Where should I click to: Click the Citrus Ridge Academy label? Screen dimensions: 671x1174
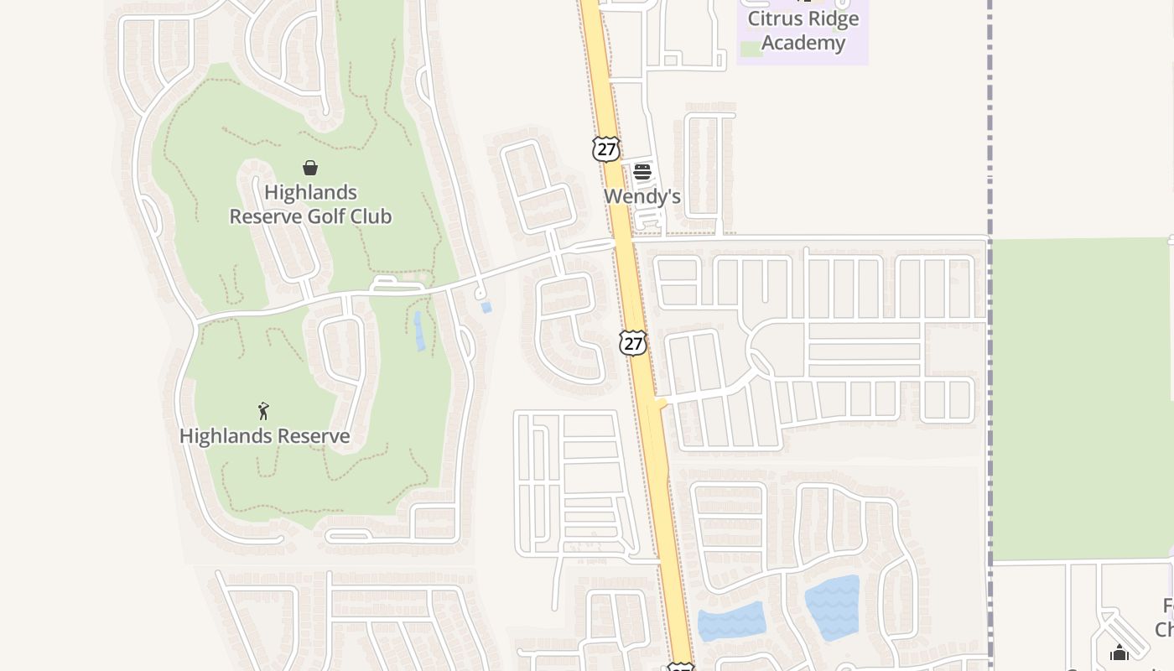pyautogui.click(x=803, y=31)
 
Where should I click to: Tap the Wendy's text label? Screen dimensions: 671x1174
pyautogui.click(x=642, y=196)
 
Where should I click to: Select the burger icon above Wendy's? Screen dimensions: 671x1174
pyautogui.click(x=642, y=172)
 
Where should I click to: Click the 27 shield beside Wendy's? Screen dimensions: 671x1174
pyautogui.click(x=605, y=149)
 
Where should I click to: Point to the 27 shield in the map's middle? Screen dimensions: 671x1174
pyautogui.click(x=633, y=342)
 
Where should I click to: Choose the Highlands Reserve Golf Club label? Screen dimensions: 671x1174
pyautogui.click(x=310, y=205)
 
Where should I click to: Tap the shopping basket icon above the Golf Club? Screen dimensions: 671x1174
pyautogui.click(x=310, y=168)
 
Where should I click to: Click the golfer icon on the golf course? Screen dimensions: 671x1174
pyautogui.click(x=264, y=411)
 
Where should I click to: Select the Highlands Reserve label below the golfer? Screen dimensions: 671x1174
pyautogui.click(x=264, y=436)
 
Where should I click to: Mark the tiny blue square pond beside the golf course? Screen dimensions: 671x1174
pyautogui.click(x=486, y=308)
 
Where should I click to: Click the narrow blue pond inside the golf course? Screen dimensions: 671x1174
pyautogui.click(x=418, y=330)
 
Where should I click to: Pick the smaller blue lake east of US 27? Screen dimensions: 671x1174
pyautogui.click(x=731, y=622)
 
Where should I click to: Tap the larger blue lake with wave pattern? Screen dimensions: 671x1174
pyautogui.click(x=833, y=607)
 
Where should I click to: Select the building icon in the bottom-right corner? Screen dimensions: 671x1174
pyautogui.click(x=1119, y=653)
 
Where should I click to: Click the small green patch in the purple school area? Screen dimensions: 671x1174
pyautogui.click(x=751, y=49)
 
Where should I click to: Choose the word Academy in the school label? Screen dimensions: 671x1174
pyautogui.click(x=803, y=43)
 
